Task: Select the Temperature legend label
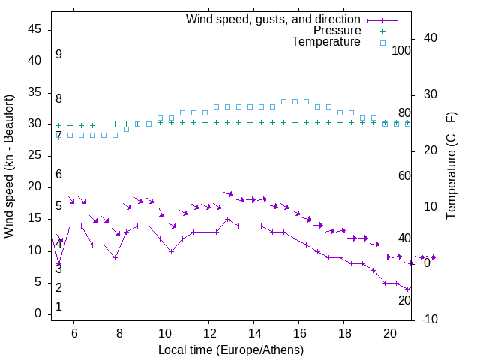[x=326, y=43]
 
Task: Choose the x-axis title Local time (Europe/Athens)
[x=231, y=350]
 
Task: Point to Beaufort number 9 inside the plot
[x=58, y=55]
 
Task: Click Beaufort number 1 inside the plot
[x=58, y=307]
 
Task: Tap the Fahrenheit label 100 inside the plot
[x=401, y=50]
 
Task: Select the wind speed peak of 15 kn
[x=227, y=220]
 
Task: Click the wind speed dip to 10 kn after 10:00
[x=172, y=251]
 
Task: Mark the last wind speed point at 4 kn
[x=408, y=289]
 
